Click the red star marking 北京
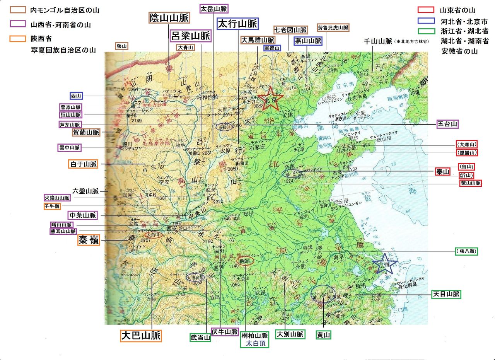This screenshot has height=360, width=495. pos(270,99)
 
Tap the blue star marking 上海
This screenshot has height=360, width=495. pos(384,264)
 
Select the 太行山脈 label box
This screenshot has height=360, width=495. pos(237,24)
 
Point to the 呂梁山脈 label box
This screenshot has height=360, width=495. pos(191,36)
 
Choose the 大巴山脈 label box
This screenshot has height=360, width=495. pos(141,335)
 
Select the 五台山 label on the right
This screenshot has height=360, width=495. pos(448,124)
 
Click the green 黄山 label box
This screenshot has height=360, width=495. pos(324,335)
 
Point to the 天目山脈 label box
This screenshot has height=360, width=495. pos(446,294)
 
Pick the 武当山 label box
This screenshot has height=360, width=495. pos(200,338)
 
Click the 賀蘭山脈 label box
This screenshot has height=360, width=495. pos(86,132)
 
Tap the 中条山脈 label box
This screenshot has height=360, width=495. pos(82,215)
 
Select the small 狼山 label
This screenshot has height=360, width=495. pos(122,46)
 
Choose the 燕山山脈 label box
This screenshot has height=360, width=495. pos(308,41)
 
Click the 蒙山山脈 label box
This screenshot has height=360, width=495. pos(471,183)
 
